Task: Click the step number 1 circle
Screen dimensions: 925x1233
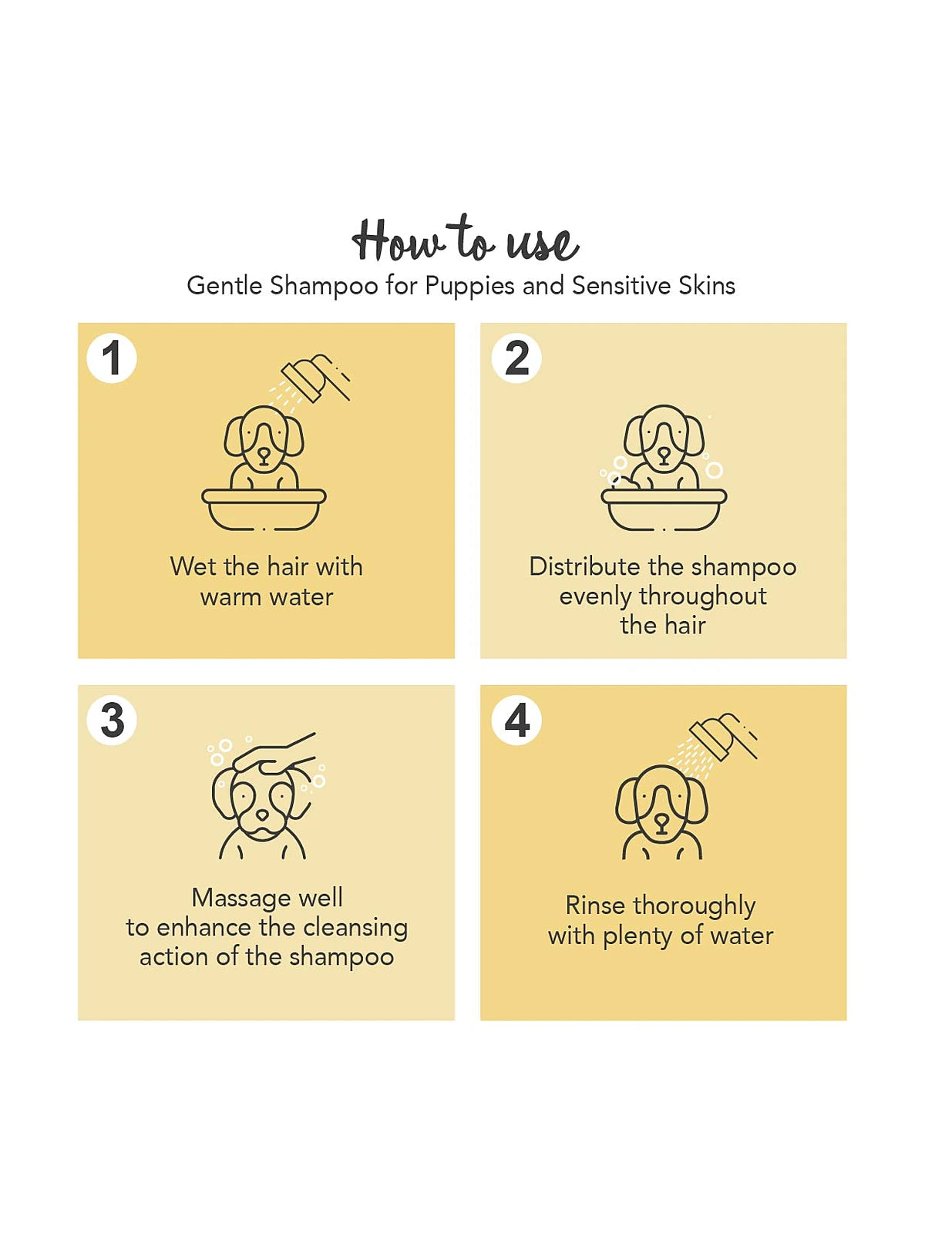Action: [112, 358]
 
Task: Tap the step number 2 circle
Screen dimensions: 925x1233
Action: [516, 358]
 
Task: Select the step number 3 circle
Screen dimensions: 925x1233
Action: [112, 721]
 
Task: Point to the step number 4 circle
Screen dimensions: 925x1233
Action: [516, 721]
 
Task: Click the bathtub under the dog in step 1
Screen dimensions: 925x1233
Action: [264, 509]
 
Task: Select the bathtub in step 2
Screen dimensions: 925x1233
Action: [664, 509]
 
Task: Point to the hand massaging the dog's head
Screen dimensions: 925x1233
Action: [275, 753]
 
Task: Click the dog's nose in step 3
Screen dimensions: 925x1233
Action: [262, 814]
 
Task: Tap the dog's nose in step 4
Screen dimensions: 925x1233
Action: [661, 821]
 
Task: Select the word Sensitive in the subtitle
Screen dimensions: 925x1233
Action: [621, 285]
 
